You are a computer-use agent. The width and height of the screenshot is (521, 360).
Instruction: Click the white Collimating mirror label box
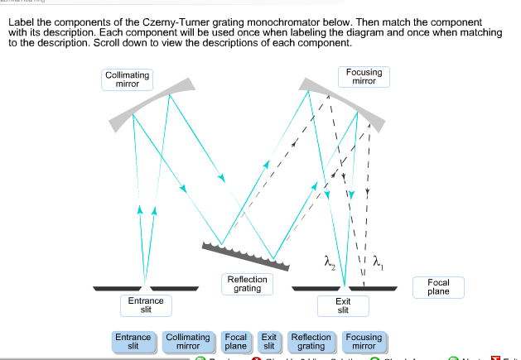(x=128, y=79)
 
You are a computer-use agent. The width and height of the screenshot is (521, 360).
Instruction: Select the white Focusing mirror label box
(x=364, y=77)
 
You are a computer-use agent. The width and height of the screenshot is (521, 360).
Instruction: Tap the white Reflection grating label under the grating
(x=247, y=284)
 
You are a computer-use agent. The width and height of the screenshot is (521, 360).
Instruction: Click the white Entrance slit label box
(x=146, y=305)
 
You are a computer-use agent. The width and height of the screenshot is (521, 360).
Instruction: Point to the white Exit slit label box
(x=343, y=305)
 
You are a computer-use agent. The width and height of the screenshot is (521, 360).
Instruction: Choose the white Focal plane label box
(x=438, y=287)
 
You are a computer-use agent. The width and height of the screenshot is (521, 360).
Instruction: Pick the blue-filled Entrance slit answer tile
(x=133, y=342)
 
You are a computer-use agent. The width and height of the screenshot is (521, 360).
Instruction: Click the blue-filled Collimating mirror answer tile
(x=188, y=342)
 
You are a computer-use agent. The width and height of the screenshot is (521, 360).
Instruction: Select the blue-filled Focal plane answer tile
(x=236, y=342)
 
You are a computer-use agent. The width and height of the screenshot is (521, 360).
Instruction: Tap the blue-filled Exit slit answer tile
(x=268, y=342)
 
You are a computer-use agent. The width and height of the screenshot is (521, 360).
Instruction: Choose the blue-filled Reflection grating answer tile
(x=311, y=342)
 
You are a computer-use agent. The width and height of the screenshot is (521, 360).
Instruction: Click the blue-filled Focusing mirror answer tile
(x=364, y=342)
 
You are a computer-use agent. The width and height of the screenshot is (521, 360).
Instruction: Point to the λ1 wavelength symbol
(x=379, y=262)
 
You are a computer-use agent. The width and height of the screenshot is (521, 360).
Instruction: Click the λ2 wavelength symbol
(x=330, y=262)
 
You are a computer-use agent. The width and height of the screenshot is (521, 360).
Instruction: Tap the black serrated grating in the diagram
(x=247, y=256)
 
